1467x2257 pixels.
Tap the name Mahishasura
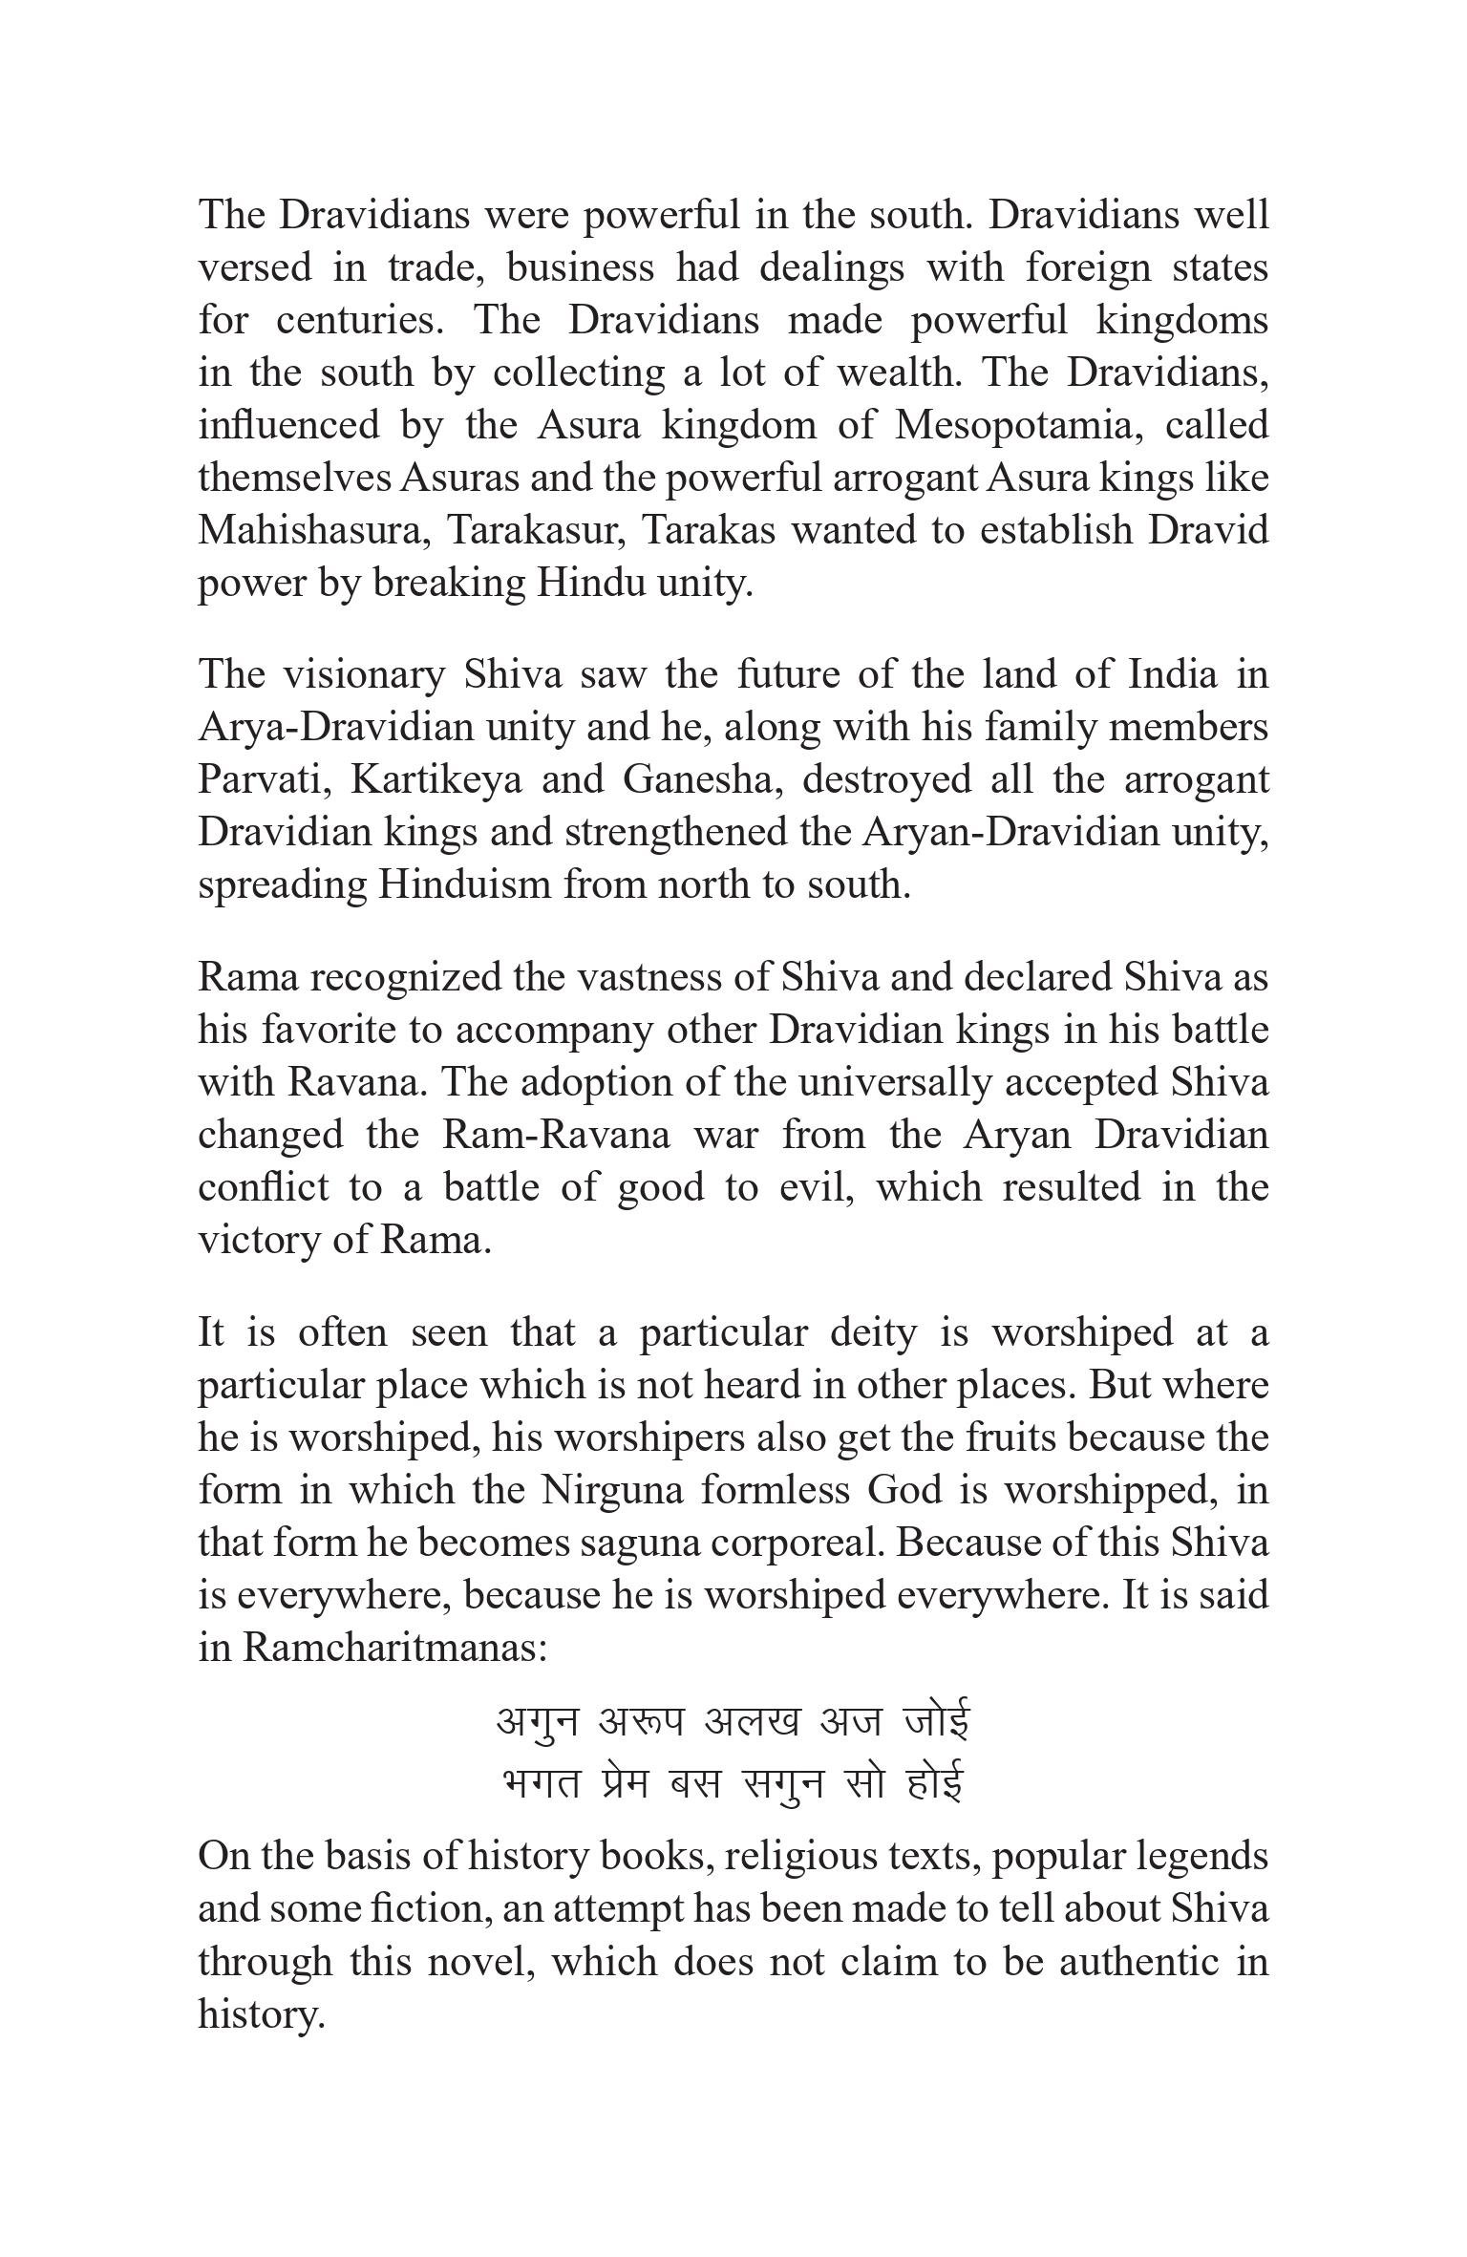click(x=311, y=530)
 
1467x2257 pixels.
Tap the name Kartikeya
click(x=436, y=780)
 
